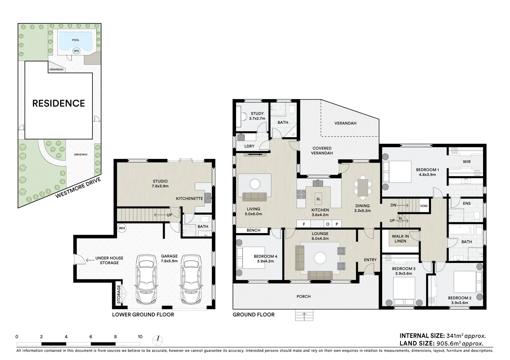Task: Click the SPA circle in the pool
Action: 76,51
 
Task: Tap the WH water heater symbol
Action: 122,228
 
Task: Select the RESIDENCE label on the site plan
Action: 58,103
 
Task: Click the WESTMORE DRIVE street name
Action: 78,188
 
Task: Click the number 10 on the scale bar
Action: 140,337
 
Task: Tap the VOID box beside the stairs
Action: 424,206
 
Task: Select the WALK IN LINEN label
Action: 400,238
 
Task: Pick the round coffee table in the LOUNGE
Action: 320,258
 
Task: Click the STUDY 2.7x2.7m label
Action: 257,116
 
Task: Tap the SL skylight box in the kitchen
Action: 318,199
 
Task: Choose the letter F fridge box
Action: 304,224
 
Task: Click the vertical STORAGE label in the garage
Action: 119,294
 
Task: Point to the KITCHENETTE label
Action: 189,199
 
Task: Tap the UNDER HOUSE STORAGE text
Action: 109,260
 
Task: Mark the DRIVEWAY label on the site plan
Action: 81,155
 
